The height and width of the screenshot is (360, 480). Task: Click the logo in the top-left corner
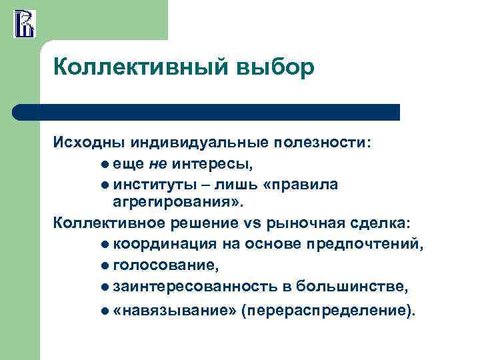tap(25, 23)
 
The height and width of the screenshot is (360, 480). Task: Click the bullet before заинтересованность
tap(106, 287)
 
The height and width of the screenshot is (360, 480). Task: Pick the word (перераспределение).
tap(328, 311)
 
